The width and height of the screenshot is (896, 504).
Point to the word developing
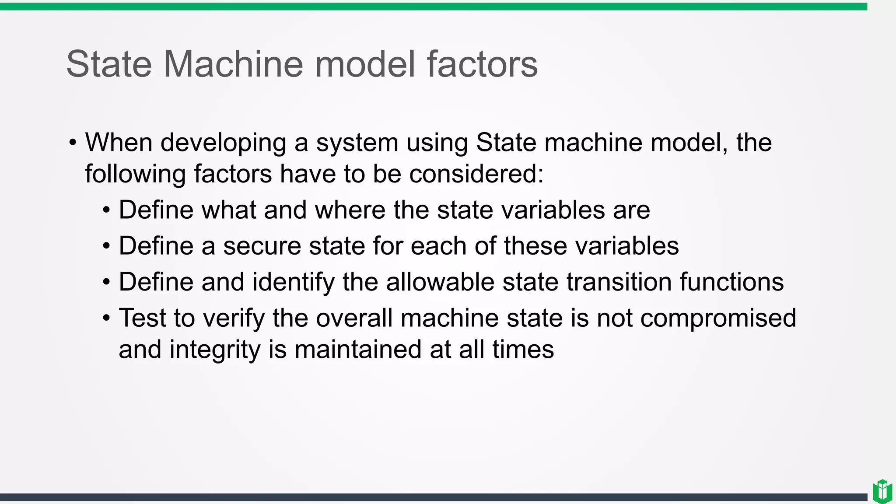click(223, 143)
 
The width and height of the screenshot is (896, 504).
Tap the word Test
click(142, 318)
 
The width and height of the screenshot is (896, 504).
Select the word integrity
click(215, 350)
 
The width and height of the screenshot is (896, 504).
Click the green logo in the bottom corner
click(882, 491)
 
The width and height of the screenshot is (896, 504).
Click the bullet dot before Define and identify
click(106, 282)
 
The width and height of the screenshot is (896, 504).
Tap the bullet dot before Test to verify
click(106, 318)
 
